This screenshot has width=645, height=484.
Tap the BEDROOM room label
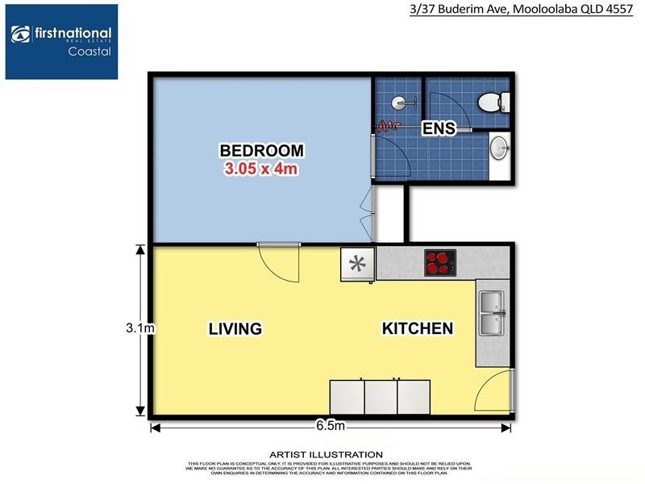point(262,150)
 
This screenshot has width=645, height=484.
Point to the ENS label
point(440,128)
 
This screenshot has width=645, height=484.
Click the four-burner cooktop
point(440,261)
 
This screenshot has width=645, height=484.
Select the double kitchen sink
point(491,313)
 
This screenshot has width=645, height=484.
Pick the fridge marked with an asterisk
point(358,264)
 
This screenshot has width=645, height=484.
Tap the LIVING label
point(235,329)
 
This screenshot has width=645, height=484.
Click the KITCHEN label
point(417,329)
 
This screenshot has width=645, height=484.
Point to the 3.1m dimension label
point(139,328)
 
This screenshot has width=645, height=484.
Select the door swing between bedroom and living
point(279,262)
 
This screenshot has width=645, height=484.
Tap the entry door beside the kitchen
point(493,396)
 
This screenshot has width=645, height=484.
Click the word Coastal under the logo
point(89,51)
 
